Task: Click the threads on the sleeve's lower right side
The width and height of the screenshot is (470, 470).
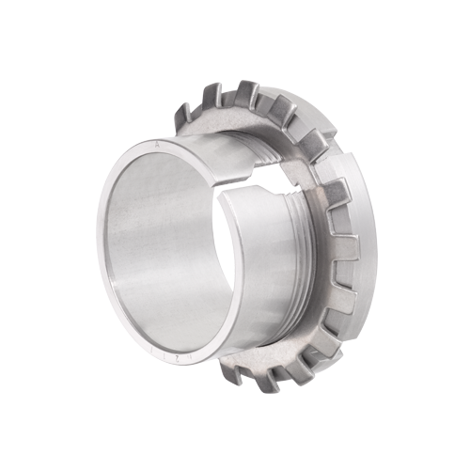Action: [299, 273]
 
